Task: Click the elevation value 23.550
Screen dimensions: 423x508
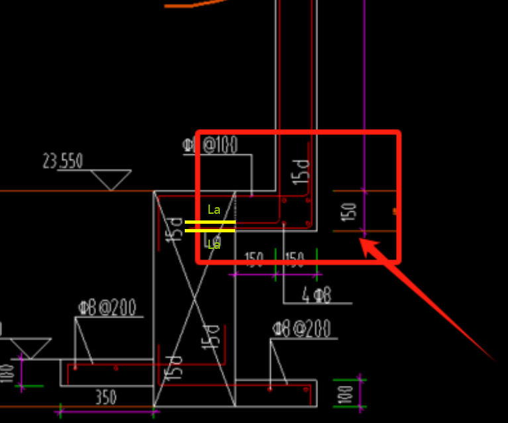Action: tap(63, 161)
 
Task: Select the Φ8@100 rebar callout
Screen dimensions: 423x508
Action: tap(213, 144)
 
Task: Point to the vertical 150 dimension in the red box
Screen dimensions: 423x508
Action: tap(350, 211)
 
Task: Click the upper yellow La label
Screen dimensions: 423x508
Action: tap(214, 210)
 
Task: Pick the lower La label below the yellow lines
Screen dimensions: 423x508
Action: tap(214, 244)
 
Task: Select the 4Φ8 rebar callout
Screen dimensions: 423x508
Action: tap(317, 295)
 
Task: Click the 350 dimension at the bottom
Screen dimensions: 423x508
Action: tap(105, 397)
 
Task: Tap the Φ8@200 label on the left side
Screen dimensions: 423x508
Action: tap(107, 308)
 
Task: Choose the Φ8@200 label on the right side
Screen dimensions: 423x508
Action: tap(301, 328)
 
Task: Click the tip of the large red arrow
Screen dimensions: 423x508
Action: tap(362, 240)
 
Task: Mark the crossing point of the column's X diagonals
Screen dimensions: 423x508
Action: tap(194, 299)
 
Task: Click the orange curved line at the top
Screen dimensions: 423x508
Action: tap(192, 4)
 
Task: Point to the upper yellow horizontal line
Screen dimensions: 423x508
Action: tap(210, 222)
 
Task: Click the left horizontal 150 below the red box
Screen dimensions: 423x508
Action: tap(254, 259)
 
